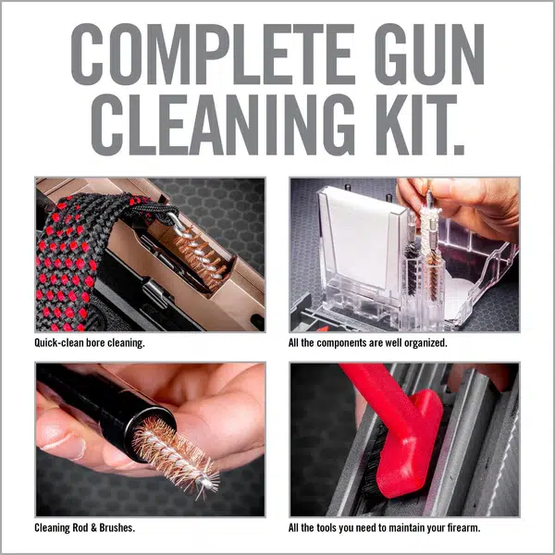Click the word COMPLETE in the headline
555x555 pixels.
(213, 55)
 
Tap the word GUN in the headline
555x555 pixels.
(429, 55)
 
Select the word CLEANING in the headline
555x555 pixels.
(223, 125)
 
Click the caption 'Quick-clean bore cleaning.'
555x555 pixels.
(90, 343)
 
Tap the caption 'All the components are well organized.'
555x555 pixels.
(368, 343)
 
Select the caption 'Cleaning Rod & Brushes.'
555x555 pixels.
(85, 528)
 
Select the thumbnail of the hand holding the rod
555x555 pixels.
(151, 438)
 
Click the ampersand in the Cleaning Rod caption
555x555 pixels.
(93, 528)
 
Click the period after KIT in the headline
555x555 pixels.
(459, 150)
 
